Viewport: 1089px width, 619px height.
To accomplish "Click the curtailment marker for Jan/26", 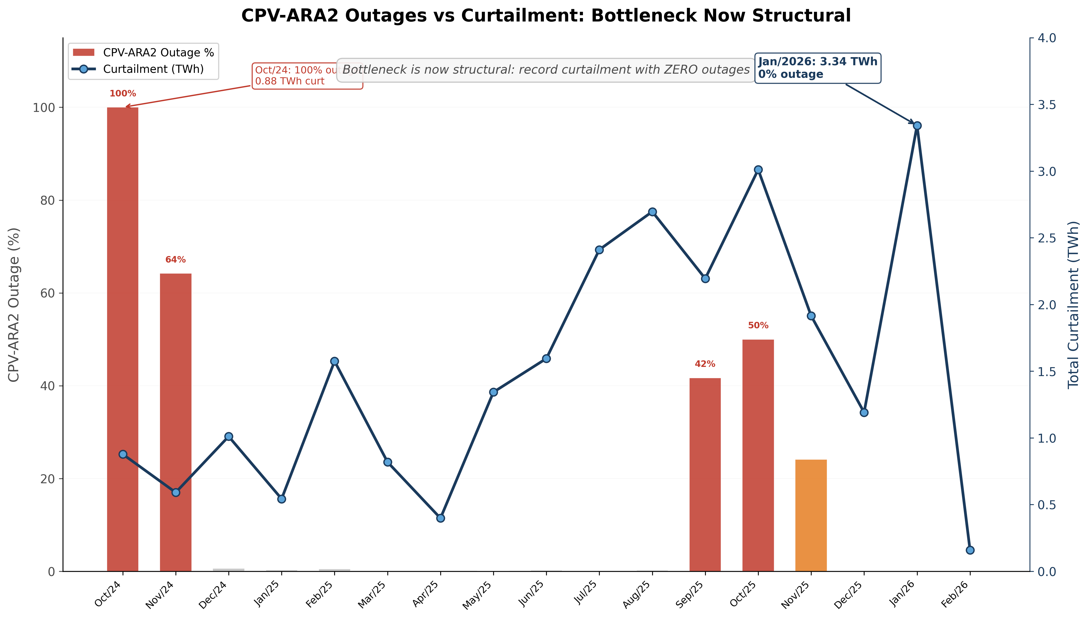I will pos(917,126).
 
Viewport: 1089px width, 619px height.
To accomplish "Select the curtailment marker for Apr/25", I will pos(441,518).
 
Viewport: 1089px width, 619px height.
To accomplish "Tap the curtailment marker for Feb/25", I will pos(334,361).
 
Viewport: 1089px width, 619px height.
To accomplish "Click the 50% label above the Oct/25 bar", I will pos(758,326).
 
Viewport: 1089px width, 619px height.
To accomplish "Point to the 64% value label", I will pos(175,260).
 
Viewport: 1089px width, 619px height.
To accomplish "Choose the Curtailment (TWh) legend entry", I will pos(153,69).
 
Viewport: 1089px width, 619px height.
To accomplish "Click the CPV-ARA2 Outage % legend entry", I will pos(158,53).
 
